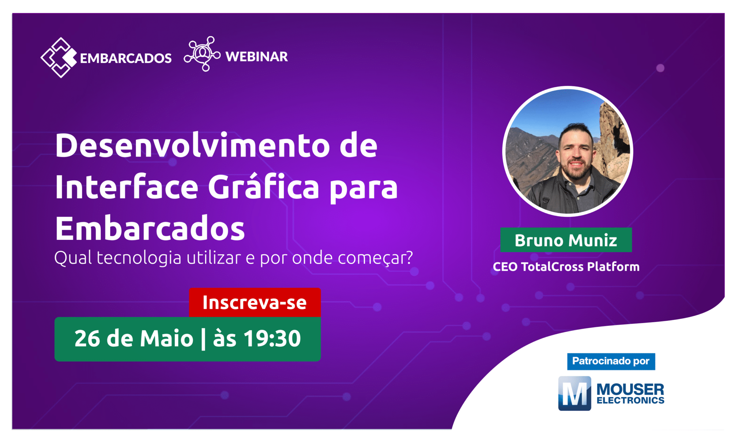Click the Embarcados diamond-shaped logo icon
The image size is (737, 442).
coord(59,58)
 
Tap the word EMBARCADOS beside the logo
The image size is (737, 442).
coord(126,58)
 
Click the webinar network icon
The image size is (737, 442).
coord(202,54)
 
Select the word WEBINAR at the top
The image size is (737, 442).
coord(257,57)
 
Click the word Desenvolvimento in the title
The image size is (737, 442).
coord(193,146)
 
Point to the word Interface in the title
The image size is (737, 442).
coord(127,187)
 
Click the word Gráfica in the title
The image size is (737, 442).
coord(263,187)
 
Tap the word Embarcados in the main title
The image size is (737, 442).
coord(150,229)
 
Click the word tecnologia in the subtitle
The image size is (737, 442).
coord(139,258)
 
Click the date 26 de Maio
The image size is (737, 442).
coord(134,339)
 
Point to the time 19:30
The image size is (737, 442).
coord(272,339)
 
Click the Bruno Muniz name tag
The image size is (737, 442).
coord(566,240)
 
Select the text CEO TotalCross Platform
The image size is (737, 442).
coord(566,267)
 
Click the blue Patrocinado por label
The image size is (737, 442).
coord(611,361)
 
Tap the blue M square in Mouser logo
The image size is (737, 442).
coord(574,393)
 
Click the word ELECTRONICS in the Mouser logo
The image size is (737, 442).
coord(630,401)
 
